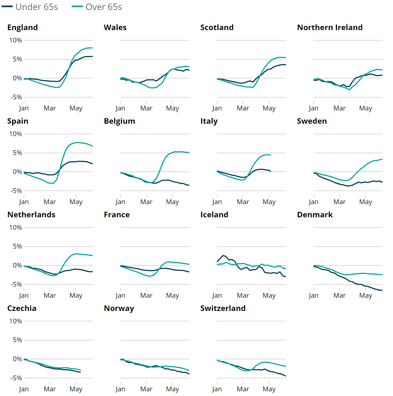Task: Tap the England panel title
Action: [23, 28]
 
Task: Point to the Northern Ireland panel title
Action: [330, 28]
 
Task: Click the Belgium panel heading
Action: [120, 121]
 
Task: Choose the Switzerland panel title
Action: [223, 308]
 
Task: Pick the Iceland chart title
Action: [214, 215]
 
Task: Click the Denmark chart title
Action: [315, 215]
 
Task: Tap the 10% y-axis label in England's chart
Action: [15, 40]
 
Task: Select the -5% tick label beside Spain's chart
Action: [16, 191]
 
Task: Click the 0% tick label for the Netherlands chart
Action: [17, 265]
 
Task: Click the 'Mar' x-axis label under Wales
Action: [146, 108]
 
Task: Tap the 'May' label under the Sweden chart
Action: [366, 202]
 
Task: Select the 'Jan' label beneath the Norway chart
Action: [120, 389]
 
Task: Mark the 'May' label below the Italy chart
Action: [269, 202]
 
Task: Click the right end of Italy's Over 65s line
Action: [270, 155]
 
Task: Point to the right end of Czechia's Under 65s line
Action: [80, 372]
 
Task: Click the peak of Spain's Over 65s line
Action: [78, 142]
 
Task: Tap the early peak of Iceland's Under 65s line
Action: [223, 255]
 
